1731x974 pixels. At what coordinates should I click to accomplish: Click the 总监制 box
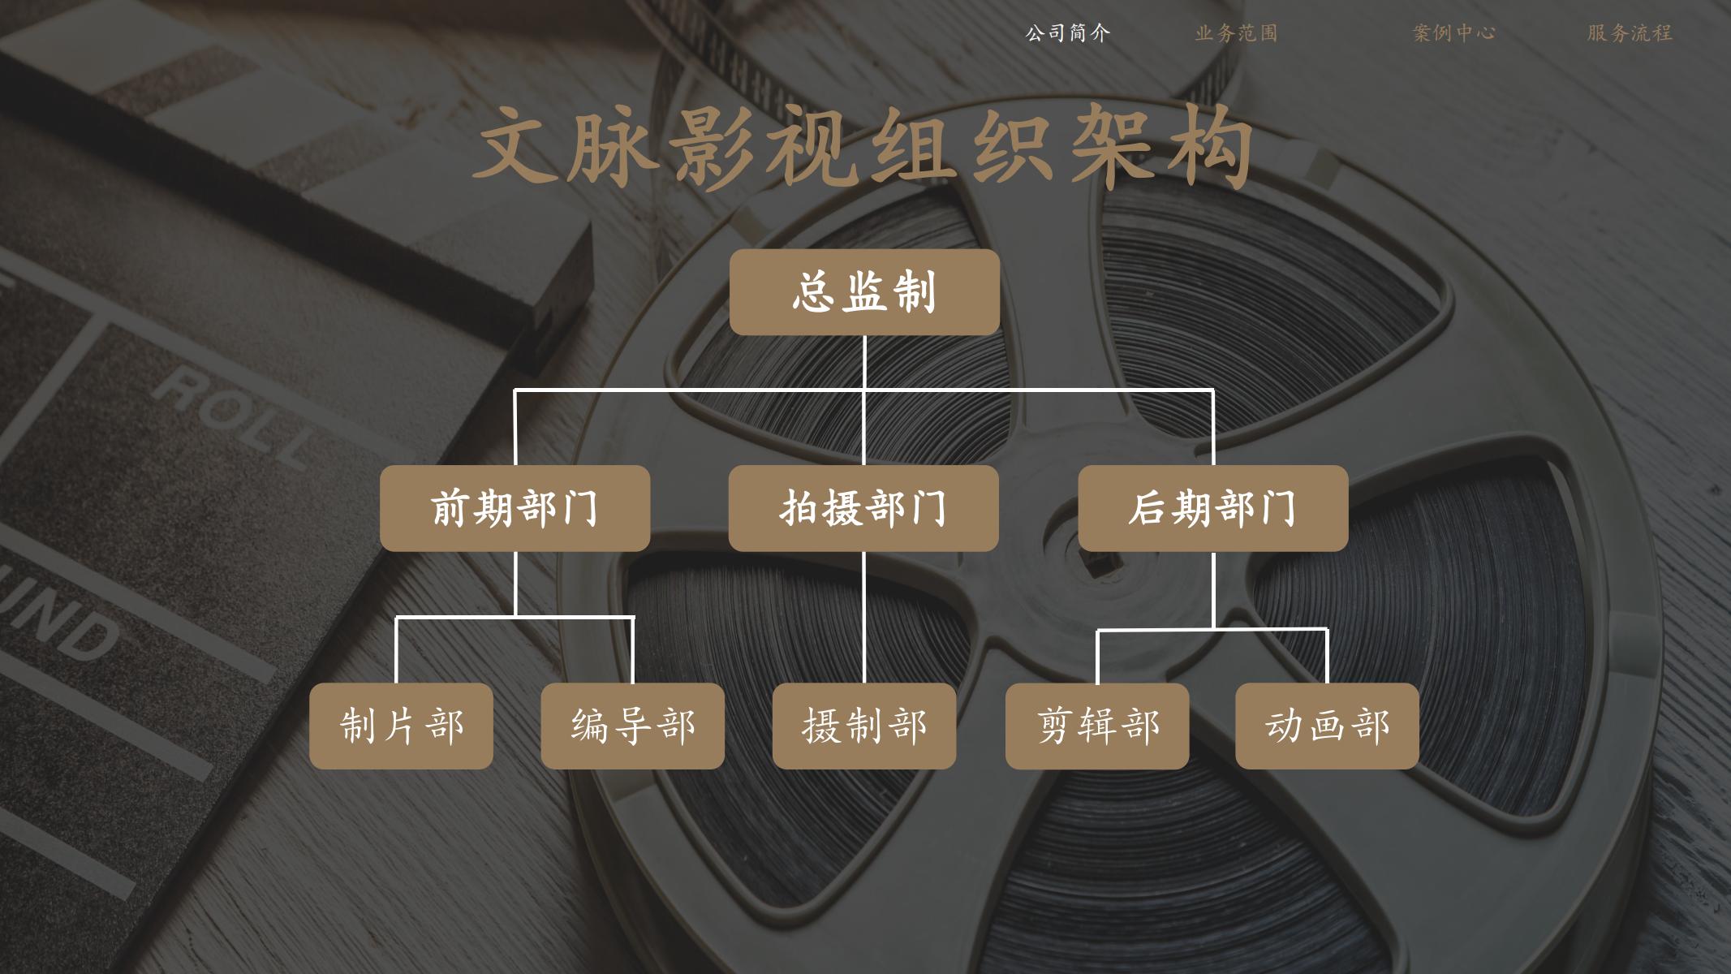(864, 292)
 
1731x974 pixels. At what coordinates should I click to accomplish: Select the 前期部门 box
(515, 508)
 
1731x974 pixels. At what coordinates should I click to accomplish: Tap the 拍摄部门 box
(863, 508)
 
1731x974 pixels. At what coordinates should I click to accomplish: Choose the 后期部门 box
(1213, 508)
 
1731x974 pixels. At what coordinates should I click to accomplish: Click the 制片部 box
(401, 726)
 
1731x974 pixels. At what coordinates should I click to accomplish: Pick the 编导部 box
(633, 726)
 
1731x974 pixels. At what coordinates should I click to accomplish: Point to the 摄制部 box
(864, 726)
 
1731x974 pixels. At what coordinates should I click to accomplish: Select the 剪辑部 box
(1097, 726)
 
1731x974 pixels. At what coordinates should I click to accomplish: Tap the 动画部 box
(1328, 726)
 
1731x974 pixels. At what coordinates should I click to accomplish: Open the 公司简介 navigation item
(1067, 33)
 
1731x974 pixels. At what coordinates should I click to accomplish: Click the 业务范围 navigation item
(1236, 33)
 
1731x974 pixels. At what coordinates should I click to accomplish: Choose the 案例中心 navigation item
(1454, 33)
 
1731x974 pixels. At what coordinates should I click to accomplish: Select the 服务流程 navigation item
(1630, 33)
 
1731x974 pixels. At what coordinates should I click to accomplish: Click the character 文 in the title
(517, 147)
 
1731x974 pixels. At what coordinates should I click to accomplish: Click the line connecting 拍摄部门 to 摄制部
(863, 617)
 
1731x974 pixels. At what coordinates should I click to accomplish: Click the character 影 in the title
(715, 147)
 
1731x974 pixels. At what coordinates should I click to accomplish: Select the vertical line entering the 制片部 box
(397, 650)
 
